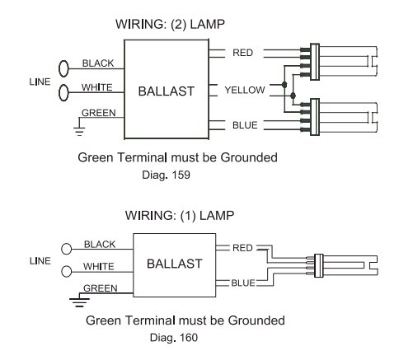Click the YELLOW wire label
click(x=245, y=90)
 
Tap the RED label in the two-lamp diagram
click(x=242, y=53)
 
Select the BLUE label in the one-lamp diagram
click(x=243, y=283)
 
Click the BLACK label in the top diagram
click(x=98, y=63)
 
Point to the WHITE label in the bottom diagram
click(x=98, y=266)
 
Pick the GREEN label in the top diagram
click(x=99, y=113)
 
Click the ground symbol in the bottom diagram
click(x=79, y=302)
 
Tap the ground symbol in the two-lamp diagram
click(x=79, y=131)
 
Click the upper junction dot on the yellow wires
click(x=284, y=85)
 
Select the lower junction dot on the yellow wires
click(x=293, y=96)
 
